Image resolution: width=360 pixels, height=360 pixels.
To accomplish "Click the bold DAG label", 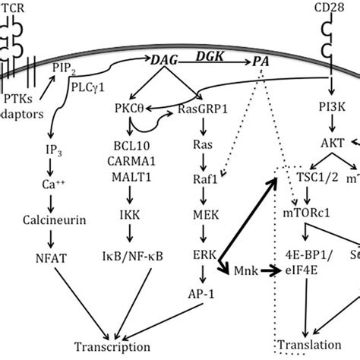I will pyautogui.click(x=164, y=72).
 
